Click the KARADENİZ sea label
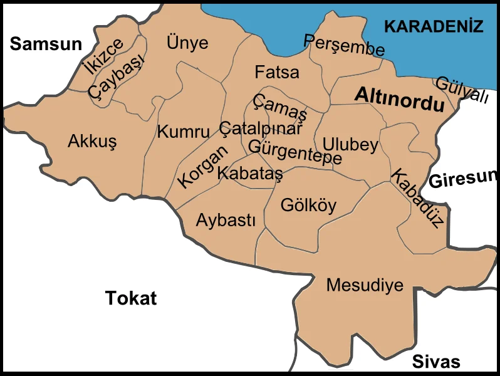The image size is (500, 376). (434, 26)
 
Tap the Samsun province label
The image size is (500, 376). (46, 43)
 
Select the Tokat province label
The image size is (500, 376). (130, 297)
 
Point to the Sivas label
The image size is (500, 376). (436, 361)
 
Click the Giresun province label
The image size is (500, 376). (464, 179)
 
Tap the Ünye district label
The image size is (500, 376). (187, 43)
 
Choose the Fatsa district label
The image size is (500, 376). (277, 72)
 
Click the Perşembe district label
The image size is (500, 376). (344, 45)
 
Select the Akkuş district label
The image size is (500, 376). (92, 142)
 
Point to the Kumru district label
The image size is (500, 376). (183, 132)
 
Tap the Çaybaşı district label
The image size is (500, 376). (117, 76)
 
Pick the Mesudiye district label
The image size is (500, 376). (365, 285)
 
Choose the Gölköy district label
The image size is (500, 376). (308, 205)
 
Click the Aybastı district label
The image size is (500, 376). (226, 221)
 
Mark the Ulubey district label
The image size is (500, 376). (350, 145)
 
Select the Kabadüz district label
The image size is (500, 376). (417, 197)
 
